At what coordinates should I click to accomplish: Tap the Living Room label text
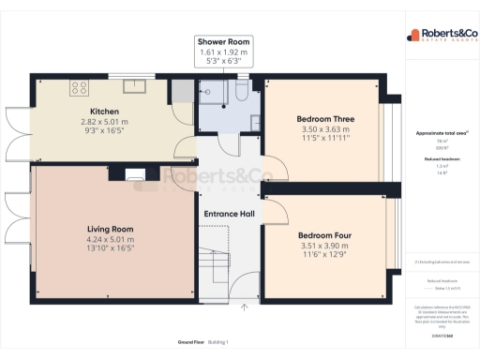[x=111, y=229]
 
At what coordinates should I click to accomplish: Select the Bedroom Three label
[x=324, y=119]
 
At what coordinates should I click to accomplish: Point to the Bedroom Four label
[x=324, y=234]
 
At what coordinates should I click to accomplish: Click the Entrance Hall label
[x=231, y=214]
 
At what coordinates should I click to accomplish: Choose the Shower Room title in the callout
[x=223, y=42]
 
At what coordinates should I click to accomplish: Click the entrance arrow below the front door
[x=244, y=306]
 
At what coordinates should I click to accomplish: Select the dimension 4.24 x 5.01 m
[x=111, y=238]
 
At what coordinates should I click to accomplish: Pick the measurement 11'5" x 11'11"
[x=324, y=138]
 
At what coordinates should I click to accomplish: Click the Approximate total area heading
[x=442, y=133]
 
